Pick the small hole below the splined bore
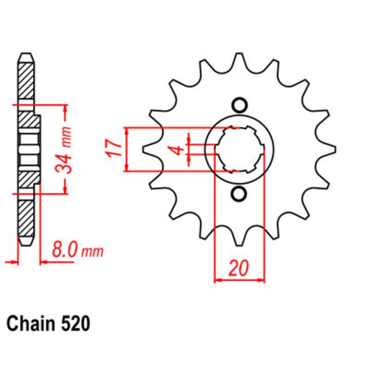[239, 194]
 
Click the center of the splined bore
[239, 149]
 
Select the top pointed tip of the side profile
[26, 56]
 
